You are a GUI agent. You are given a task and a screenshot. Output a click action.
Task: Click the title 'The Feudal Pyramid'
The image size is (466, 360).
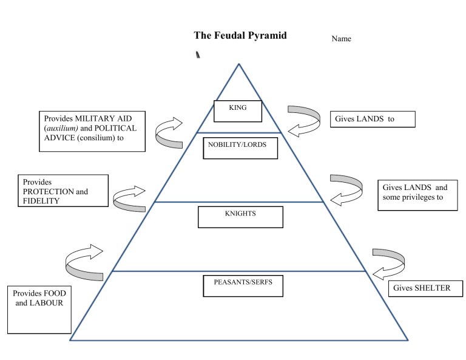(240, 35)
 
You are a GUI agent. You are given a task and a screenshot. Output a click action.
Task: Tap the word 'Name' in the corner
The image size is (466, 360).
(341, 39)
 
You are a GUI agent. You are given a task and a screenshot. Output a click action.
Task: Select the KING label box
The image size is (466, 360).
(238, 110)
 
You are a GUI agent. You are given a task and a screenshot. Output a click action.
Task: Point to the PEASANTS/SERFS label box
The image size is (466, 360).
(243, 285)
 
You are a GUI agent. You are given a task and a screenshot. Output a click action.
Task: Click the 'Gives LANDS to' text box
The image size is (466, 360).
(373, 119)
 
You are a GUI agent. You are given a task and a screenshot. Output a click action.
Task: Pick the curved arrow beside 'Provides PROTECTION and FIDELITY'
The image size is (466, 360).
(129, 199)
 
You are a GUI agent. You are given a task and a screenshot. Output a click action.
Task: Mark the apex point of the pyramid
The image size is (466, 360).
(239, 63)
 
